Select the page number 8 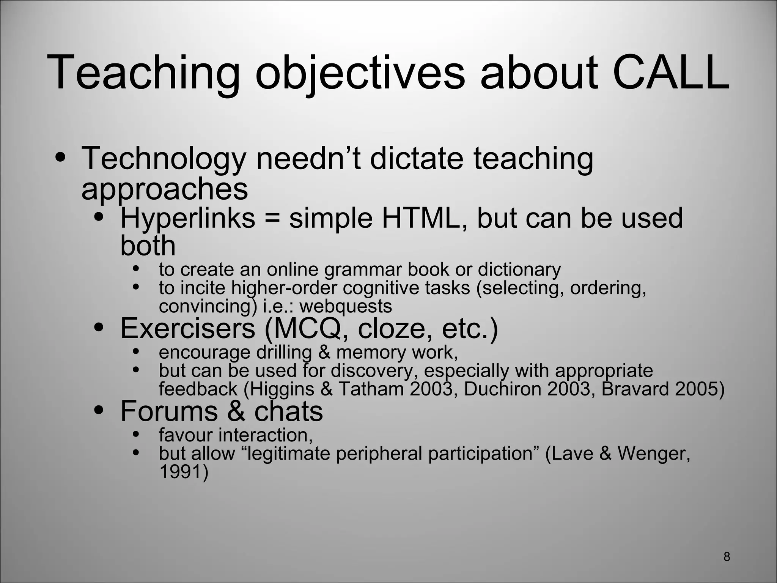click(727, 556)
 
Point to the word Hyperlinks click(188, 219)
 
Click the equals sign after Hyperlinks click(272, 219)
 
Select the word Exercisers click(188, 328)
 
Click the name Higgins click(282, 389)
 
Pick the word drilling click(284, 352)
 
